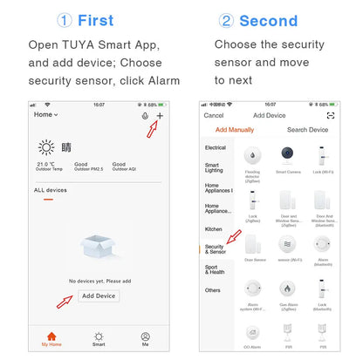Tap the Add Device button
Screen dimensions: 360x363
point(99,295)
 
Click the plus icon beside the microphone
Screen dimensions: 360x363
point(159,115)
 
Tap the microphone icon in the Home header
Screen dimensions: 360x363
point(144,115)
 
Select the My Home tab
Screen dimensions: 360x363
point(51,339)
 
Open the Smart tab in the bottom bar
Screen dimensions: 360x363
point(99,339)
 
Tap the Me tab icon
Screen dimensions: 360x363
point(145,339)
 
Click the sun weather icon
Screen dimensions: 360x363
point(46,146)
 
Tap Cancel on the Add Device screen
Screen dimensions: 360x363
point(213,115)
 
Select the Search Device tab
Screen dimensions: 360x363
point(307,130)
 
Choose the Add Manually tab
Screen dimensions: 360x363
point(235,130)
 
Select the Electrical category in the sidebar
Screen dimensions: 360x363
point(215,147)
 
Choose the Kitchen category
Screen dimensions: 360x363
point(214,228)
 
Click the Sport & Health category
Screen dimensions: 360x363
point(214,269)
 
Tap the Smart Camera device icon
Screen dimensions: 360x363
point(287,158)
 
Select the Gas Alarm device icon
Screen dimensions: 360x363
point(287,291)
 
